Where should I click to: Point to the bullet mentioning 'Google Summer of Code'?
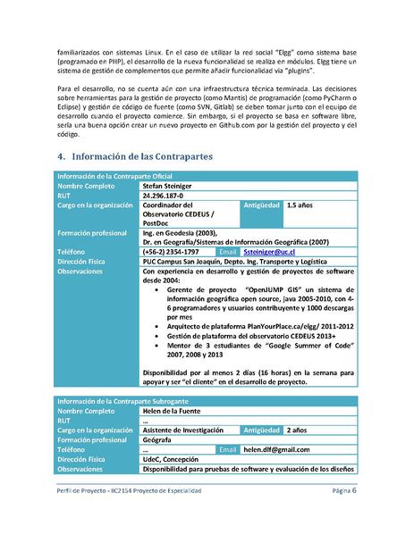click(260, 344)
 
